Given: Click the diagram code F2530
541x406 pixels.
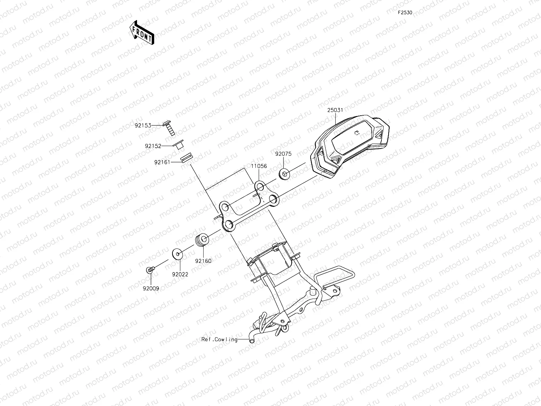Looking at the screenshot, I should [x=405, y=13].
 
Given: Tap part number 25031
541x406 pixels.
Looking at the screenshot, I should [x=336, y=111].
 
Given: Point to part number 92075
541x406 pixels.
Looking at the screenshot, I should [x=283, y=154].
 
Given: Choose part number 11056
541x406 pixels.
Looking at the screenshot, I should [x=258, y=166].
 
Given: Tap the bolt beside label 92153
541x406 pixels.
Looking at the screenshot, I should [x=170, y=128].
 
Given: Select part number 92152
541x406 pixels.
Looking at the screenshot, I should [x=153, y=146].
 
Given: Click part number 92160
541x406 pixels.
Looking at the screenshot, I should [x=203, y=261].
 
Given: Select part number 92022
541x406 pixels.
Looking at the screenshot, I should [x=180, y=274].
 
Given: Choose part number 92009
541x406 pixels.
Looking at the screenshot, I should [x=151, y=288].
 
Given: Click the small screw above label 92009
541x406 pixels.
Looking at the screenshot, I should [x=150, y=269].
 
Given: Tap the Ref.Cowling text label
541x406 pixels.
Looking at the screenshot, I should [x=219, y=339].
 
